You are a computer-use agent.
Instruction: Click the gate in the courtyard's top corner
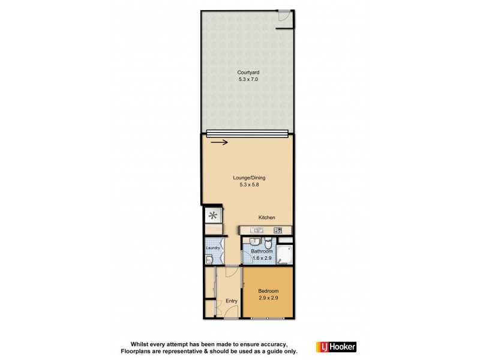click(x=285, y=19)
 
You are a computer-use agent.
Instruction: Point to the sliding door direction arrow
click(x=219, y=142)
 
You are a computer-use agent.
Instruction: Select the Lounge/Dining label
click(x=249, y=178)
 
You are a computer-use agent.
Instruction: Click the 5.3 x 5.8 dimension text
click(x=249, y=185)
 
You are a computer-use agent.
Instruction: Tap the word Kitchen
click(x=267, y=217)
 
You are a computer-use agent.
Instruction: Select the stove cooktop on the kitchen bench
click(x=278, y=230)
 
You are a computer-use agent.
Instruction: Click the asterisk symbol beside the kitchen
click(x=212, y=216)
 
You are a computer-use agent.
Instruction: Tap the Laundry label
click(x=212, y=248)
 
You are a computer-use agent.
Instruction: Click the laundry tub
click(x=208, y=259)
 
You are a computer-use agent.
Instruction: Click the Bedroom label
click(x=268, y=291)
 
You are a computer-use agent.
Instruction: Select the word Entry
click(x=231, y=301)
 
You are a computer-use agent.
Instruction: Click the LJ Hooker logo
click(x=336, y=347)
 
